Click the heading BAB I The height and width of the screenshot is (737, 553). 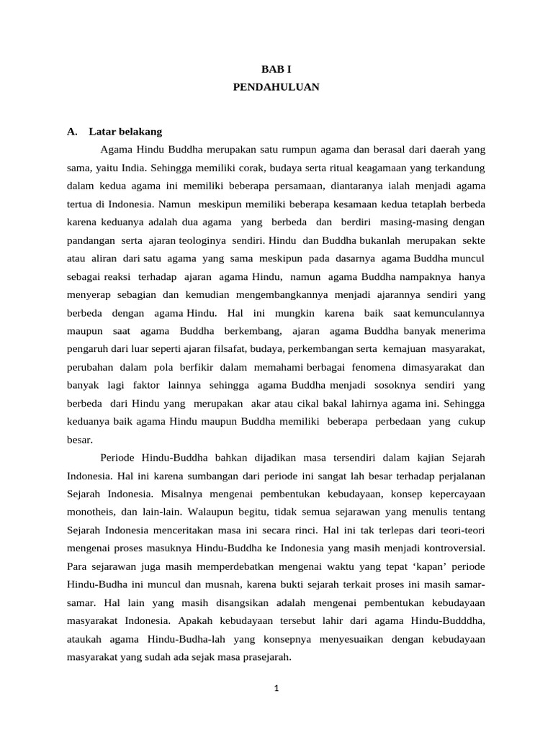click(276, 68)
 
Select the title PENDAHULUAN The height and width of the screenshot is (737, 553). click(276, 86)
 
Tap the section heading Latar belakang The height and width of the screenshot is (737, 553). click(125, 132)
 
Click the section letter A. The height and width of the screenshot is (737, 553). click(71, 132)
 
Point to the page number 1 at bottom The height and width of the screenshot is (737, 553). click(276, 688)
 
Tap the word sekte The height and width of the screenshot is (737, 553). click(472, 240)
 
